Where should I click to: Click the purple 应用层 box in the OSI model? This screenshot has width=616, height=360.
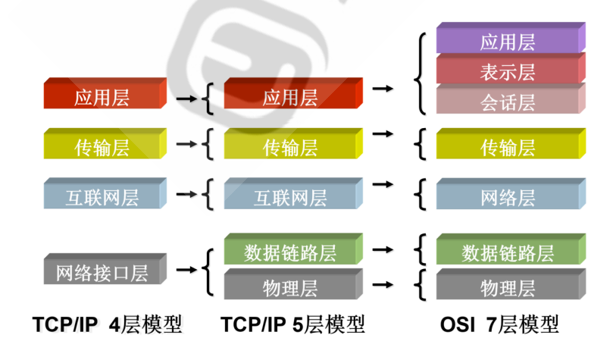(508, 42)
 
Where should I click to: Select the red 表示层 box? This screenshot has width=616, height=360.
(508, 71)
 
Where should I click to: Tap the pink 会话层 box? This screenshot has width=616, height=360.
(508, 101)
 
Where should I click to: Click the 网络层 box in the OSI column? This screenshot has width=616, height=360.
(508, 197)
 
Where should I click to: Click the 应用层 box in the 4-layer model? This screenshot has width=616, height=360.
(102, 96)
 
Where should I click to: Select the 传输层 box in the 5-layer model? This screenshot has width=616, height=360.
(290, 146)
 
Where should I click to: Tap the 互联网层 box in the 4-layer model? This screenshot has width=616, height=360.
(102, 197)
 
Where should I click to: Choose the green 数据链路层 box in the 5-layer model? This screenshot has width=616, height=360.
(290, 252)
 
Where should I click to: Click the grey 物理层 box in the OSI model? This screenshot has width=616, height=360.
(508, 287)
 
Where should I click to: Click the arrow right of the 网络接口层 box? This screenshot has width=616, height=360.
(185, 269)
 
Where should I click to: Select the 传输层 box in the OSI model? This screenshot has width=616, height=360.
(508, 146)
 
